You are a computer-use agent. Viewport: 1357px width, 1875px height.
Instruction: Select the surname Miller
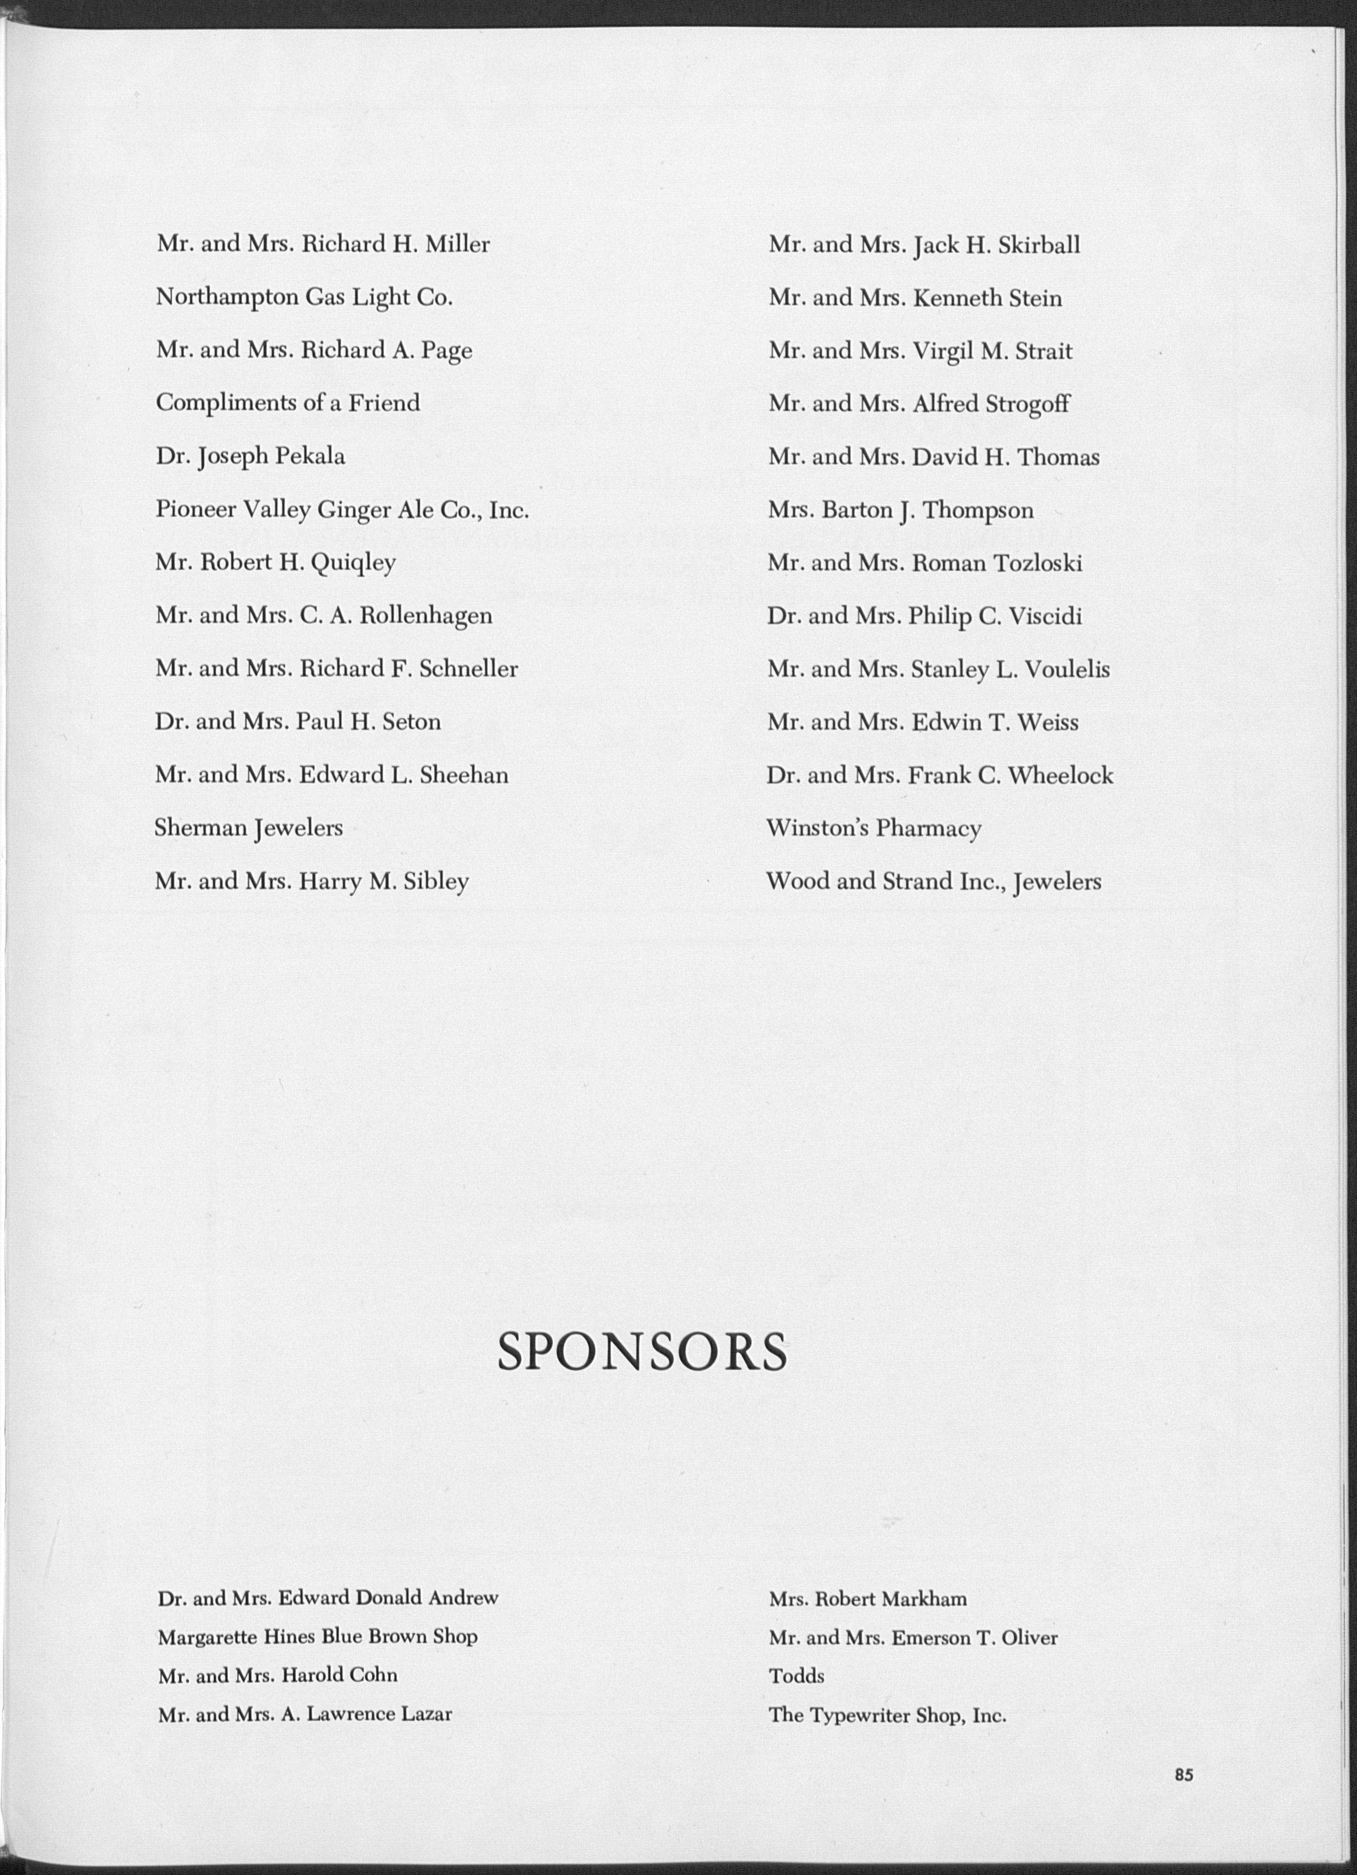coord(458,244)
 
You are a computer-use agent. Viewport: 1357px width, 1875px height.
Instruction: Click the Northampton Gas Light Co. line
coord(303,297)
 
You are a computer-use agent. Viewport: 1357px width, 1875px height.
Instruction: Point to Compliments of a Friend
coord(288,402)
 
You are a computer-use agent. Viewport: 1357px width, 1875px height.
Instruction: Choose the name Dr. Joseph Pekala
coord(250,456)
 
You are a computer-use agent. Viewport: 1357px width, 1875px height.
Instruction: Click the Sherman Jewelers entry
coord(248,827)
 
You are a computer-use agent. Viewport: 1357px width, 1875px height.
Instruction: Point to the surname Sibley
coord(436,881)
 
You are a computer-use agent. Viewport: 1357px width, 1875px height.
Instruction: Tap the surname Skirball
coord(1038,245)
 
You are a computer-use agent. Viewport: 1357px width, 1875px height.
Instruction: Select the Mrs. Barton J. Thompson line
coord(899,510)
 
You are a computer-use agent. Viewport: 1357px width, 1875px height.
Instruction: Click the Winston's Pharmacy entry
coord(873,827)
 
